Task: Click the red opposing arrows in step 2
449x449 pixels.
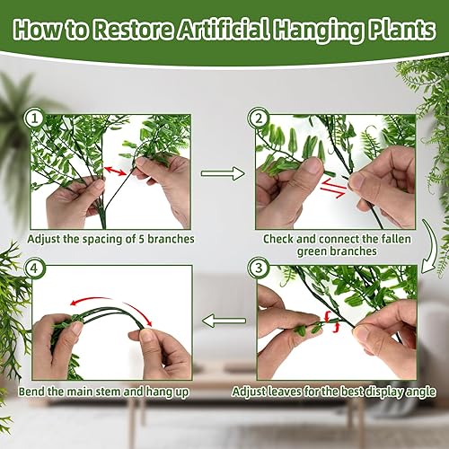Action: [333, 186]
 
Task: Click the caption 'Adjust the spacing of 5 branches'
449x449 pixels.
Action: [107, 240]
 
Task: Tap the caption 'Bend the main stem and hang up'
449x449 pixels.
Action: [105, 392]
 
